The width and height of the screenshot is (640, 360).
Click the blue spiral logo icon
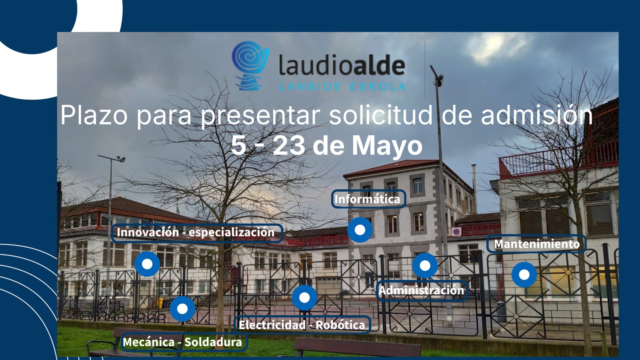(250, 66)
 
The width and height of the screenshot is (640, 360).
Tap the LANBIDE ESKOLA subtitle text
(342, 86)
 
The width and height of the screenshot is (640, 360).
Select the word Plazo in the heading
(94, 114)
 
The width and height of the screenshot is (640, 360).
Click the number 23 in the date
(288, 146)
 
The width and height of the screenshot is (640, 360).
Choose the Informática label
(368, 199)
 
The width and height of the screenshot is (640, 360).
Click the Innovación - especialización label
(197, 233)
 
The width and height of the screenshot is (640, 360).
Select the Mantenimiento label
(536, 244)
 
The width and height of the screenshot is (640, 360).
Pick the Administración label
(422, 290)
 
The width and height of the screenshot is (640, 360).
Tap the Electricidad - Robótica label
(302, 325)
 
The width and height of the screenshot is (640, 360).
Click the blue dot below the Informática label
(360, 230)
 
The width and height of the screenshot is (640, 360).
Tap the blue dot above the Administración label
(425, 266)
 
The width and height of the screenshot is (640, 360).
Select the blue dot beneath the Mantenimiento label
(524, 274)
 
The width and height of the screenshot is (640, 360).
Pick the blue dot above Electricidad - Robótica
(304, 298)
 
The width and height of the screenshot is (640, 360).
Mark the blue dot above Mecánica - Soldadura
(182, 309)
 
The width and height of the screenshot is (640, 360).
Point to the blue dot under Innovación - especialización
(147, 264)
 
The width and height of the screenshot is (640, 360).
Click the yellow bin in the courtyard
(161, 303)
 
